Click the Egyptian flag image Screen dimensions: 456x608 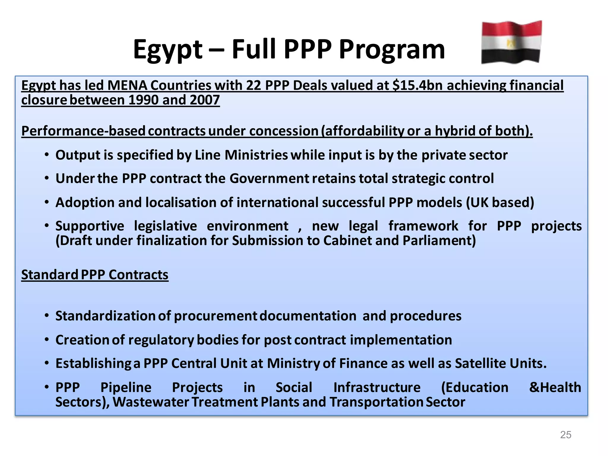point(511,42)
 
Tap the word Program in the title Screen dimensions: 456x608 point(392,50)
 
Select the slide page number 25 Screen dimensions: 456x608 point(566,435)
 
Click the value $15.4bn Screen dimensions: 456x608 point(418,85)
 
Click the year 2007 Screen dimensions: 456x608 point(205,100)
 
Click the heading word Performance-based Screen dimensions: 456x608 point(83,131)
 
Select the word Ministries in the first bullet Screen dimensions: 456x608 point(256,155)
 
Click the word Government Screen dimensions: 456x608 point(269,179)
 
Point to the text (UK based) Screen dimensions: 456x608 point(500,202)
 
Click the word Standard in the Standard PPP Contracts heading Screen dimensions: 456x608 point(50,275)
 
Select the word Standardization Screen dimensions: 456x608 point(105,316)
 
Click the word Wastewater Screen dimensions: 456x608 point(151,402)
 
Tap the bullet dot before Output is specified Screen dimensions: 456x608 point(47,155)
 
